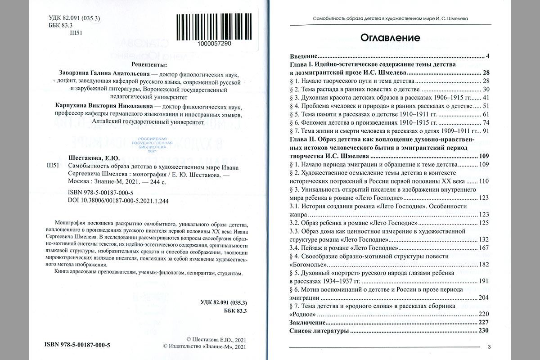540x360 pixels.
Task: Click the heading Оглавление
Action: pyautogui.click(x=390, y=38)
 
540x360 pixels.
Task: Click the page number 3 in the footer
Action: pyautogui.click(x=489, y=346)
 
